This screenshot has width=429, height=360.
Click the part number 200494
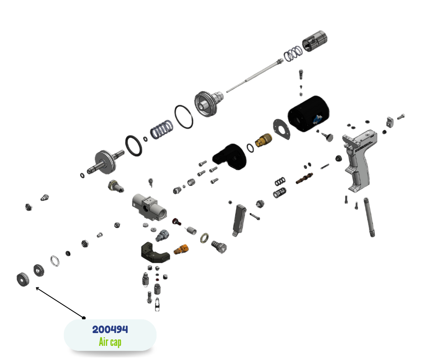click(x=110, y=329)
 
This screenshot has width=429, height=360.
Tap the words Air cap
click(x=110, y=342)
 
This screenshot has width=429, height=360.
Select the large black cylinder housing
click(x=309, y=113)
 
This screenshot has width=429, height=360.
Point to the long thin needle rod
click(x=255, y=75)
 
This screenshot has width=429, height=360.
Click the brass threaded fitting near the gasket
click(x=263, y=140)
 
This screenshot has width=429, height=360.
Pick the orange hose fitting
click(x=181, y=249)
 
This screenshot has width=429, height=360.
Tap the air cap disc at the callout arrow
click(x=23, y=280)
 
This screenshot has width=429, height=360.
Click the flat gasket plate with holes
click(x=282, y=129)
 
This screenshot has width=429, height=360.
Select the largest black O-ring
click(x=183, y=116)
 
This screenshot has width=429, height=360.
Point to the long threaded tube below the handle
click(x=369, y=217)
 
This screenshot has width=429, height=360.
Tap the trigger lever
click(x=239, y=220)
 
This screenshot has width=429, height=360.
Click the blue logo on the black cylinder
click(x=318, y=120)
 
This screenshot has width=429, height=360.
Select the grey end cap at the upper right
click(x=314, y=41)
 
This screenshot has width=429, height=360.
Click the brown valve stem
click(x=304, y=178)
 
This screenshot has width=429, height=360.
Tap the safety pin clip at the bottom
click(x=157, y=304)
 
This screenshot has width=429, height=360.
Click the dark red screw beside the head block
click(x=177, y=222)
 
